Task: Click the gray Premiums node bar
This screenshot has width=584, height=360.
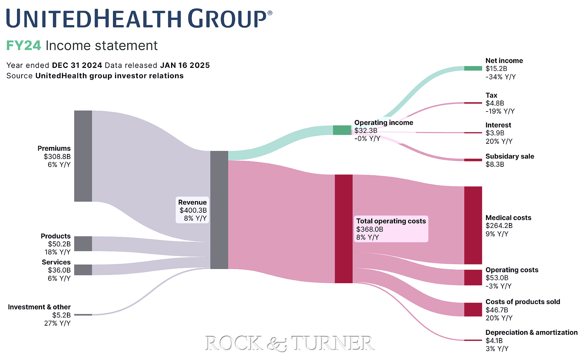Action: (x=83, y=156)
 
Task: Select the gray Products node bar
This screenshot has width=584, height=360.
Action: (x=83, y=244)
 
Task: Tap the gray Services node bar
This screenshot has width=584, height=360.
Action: (x=83, y=270)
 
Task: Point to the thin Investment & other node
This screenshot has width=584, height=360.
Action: (x=83, y=314)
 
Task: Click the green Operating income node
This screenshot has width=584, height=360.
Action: (x=342, y=130)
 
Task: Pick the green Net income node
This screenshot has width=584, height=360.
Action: (x=473, y=68)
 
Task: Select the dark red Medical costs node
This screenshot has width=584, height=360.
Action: (x=473, y=225)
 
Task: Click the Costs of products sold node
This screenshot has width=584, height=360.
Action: (x=473, y=309)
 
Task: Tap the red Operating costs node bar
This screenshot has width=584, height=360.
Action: (x=473, y=277)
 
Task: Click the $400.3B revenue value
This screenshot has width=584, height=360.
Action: (x=193, y=210)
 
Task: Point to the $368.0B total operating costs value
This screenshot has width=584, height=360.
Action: (x=369, y=229)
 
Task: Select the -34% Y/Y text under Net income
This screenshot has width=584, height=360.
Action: (x=500, y=77)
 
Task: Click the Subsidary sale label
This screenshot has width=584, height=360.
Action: (x=510, y=156)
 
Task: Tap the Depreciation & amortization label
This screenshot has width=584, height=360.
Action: (x=531, y=332)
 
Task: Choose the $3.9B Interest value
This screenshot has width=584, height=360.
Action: (x=495, y=133)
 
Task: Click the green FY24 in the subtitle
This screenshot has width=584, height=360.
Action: (x=23, y=46)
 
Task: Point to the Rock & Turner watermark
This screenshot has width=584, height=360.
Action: (x=289, y=343)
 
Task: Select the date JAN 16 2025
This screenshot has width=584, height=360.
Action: (x=185, y=65)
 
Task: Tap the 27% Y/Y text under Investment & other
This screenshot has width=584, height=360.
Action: (x=57, y=323)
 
